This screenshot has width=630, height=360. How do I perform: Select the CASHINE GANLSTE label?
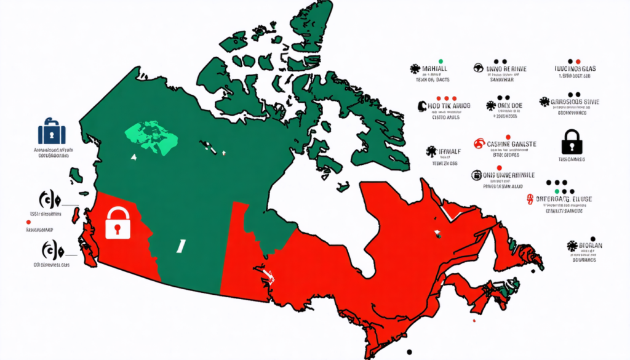coord(511,144)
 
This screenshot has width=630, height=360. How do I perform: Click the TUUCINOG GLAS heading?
coord(572,69)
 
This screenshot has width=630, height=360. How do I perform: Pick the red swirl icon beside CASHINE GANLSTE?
coord(479,144)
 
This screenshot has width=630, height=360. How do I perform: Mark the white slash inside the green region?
coord(181,246)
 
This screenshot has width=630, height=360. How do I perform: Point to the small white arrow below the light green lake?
coord(134,158)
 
